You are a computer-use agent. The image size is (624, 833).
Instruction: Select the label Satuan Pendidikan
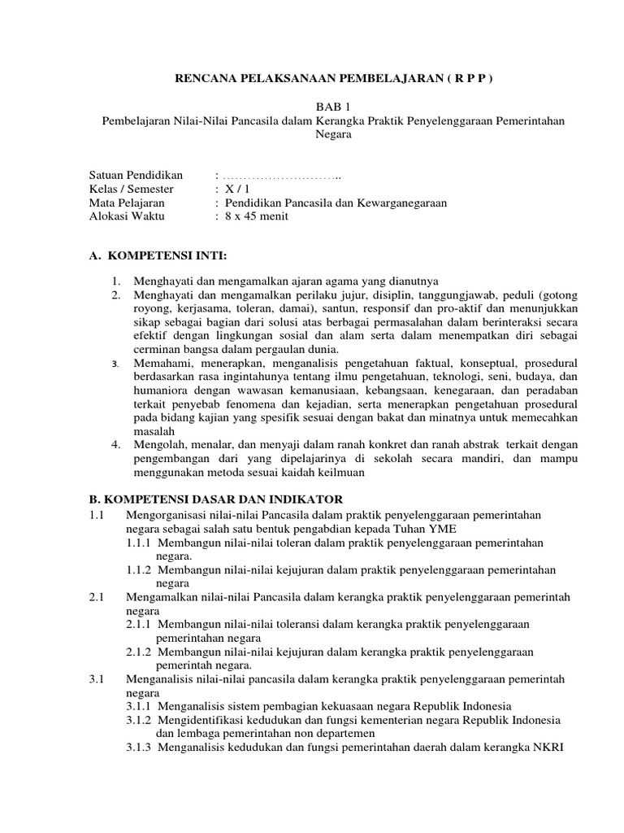[x=136, y=176]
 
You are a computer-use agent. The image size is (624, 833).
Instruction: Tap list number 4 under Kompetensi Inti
[x=117, y=443]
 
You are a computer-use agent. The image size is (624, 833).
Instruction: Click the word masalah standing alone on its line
[x=154, y=430]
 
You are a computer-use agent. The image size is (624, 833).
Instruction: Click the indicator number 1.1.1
[x=140, y=543]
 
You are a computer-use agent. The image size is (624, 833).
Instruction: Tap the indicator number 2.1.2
[x=140, y=652]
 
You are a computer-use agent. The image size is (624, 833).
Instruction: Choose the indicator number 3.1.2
[x=140, y=721]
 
